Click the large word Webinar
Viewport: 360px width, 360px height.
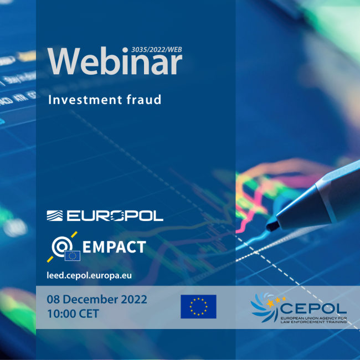point(115,61)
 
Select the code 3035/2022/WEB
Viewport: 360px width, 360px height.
point(157,49)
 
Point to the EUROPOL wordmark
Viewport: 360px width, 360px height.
point(115,215)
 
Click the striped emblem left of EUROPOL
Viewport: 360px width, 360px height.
point(56,215)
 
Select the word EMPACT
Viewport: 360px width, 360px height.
point(114,246)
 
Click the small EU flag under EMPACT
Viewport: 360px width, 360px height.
point(72,256)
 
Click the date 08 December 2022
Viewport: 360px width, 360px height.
point(97,300)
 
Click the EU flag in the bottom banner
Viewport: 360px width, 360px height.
point(198,307)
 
